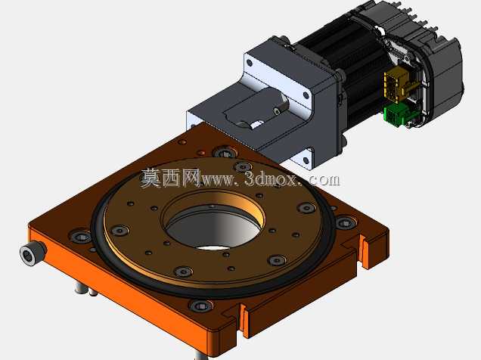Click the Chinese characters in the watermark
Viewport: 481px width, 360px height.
pyautogui.click(x=171, y=178)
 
